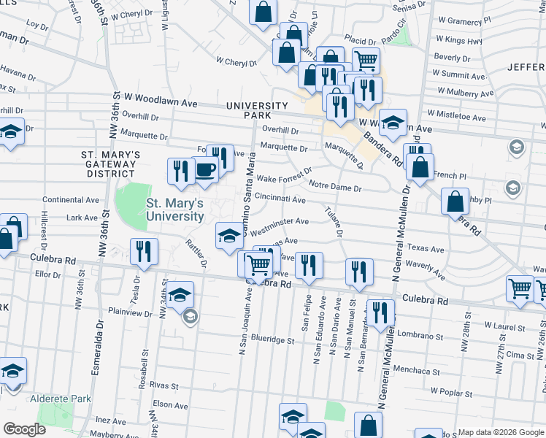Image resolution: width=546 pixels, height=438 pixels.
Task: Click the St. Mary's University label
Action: click(174, 210)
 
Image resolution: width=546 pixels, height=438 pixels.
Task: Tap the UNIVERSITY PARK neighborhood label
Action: click(248, 110)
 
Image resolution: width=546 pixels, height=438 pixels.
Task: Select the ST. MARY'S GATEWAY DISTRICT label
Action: click(110, 164)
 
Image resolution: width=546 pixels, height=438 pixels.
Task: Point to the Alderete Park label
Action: click(61, 399)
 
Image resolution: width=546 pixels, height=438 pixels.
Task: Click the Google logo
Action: click(25, 429)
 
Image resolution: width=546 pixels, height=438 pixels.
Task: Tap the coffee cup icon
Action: click(206, 170)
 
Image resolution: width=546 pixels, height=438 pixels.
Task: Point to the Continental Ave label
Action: click(71, 199)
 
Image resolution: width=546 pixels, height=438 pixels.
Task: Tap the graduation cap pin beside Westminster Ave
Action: click(228, 235)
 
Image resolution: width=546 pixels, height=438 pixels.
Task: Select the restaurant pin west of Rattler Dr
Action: click(143, 251)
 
